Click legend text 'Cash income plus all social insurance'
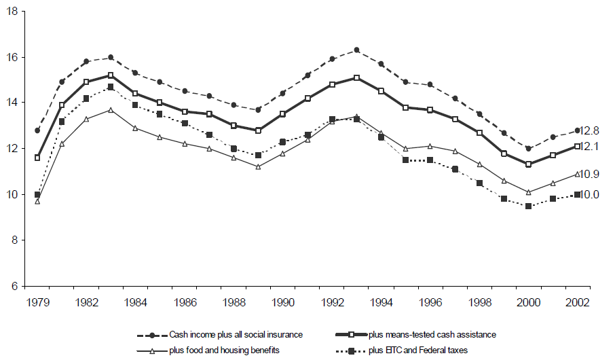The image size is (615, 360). (x=236, y=334)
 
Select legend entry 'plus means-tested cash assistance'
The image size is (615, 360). (x=433, y=334)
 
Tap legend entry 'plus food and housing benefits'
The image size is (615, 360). (x=223, y=350)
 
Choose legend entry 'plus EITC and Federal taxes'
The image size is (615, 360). (x=419, y=350)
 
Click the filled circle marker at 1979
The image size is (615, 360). (x=37, y=130)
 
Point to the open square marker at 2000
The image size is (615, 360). (x=528, y=164)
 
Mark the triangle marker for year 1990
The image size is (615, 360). (x=282, y=154)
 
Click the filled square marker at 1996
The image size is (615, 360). (x=430, y=160)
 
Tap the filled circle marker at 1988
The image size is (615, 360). (x=234, y=105)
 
